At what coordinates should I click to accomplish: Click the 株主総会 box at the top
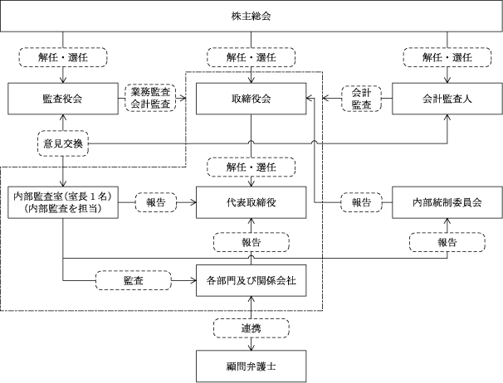251,16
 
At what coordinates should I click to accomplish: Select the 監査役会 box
63,99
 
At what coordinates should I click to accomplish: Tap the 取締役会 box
251,99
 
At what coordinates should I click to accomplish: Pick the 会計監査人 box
447,99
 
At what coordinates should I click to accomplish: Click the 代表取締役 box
251,202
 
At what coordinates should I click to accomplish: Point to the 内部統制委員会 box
447,202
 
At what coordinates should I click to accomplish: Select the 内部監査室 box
63,202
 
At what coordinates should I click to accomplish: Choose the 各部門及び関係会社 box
251,280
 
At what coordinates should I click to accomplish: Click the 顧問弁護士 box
251,366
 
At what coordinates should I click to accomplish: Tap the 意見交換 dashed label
63,143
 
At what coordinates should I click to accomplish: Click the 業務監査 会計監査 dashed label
150,98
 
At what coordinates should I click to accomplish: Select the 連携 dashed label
251,328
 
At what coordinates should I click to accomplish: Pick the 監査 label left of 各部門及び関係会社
134,280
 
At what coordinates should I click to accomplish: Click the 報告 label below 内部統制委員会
447,242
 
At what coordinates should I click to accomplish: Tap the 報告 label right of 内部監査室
156,202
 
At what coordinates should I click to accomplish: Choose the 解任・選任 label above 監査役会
63,57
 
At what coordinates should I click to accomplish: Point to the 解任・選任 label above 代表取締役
251,167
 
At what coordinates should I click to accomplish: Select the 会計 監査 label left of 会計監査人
362,99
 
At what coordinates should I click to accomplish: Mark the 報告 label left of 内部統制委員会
362,202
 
